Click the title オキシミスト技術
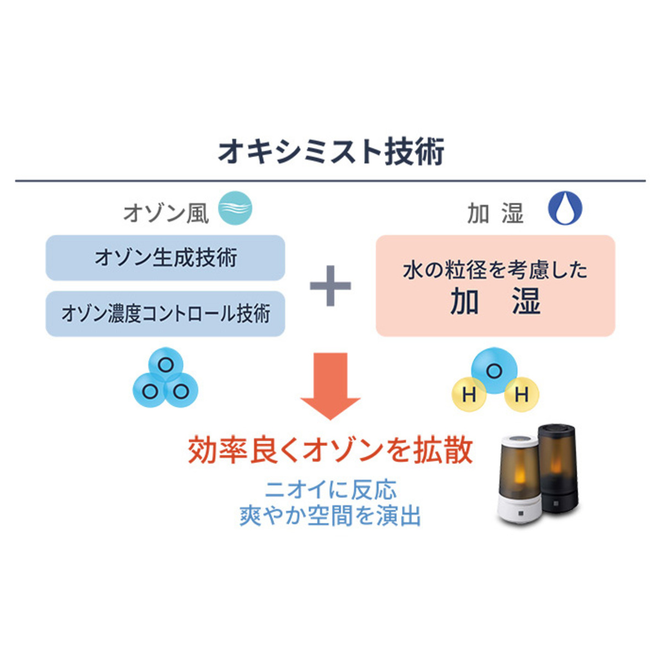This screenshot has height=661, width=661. [331, 151]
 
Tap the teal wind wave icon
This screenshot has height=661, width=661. [235, 208]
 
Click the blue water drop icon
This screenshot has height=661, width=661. [565, 208]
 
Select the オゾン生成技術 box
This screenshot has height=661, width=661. [165, 258]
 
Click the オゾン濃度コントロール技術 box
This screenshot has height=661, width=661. [165, 314]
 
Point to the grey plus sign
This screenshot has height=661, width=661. [330, 286]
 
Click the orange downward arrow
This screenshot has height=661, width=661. [330, 386]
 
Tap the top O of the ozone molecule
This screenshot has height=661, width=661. [165, 365]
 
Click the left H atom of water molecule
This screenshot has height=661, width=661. [469, 394]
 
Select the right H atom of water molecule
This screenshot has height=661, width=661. [521, 394]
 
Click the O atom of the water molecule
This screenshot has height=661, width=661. [494, 371]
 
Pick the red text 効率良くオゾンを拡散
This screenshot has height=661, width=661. [330, 450]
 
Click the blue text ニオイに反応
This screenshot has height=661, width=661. [330, 490]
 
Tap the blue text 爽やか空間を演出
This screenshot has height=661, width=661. [330, 516]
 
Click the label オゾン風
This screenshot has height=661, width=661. [166, 213]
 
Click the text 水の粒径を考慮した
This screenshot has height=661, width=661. [495, 270]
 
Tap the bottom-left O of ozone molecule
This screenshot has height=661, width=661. [149, 392]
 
